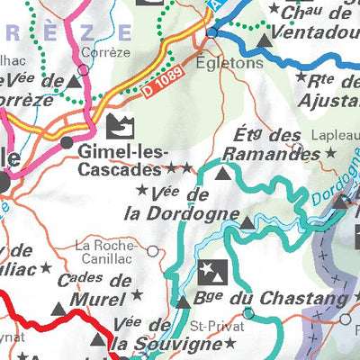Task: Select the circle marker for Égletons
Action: [x=211, y=33]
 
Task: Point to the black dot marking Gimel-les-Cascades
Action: [x=67, y=142]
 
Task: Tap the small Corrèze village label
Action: [x=98, y=52]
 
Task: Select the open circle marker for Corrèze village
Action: [x=86, y=65]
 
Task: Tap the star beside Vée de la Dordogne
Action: [x=141, y=190]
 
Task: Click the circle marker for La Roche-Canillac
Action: [x=153, y=251]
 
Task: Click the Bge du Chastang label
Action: [x=271, y=298]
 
